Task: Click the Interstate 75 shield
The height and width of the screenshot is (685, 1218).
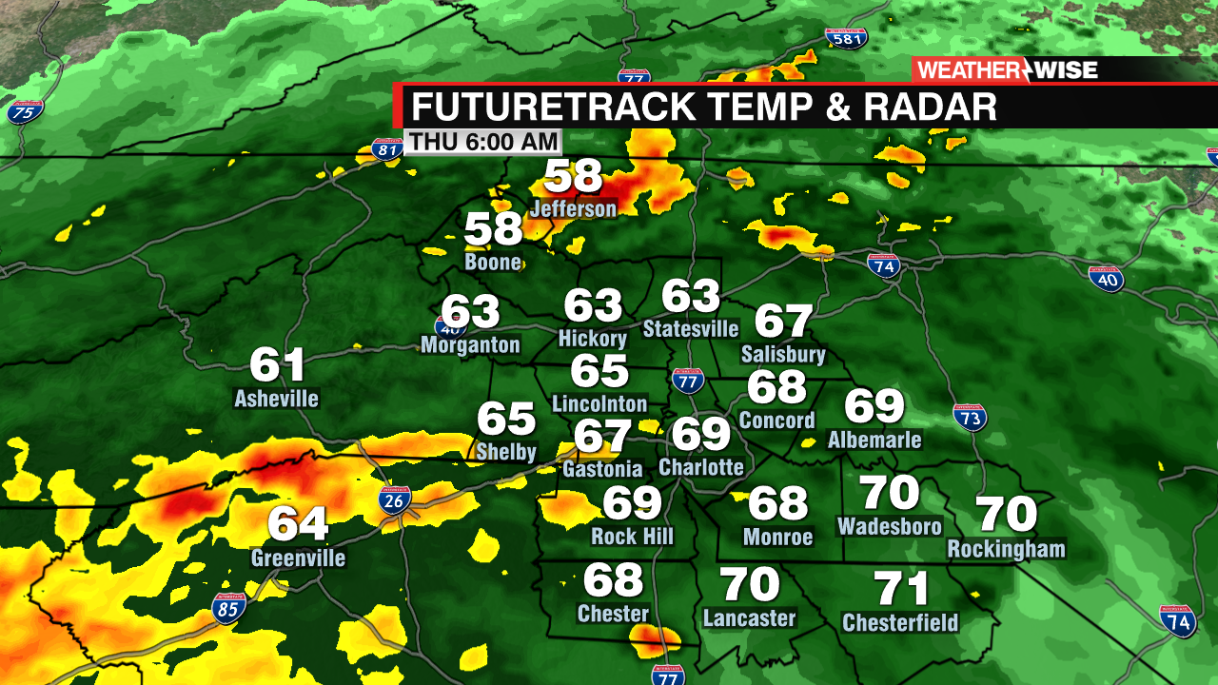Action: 25,112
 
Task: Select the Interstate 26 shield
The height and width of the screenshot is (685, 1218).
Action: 395,500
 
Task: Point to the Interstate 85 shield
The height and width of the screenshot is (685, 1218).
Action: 228,608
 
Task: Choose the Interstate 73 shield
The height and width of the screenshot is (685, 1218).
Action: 970,417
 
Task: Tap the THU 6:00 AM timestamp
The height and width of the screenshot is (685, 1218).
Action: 482,142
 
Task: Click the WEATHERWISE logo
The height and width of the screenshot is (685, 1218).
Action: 1007,69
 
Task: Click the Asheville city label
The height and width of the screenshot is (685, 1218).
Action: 276,398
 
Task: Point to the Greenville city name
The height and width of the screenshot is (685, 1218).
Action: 298,558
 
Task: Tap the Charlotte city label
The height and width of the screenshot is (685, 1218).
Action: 701,467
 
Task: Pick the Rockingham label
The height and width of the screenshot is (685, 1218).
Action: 1006,549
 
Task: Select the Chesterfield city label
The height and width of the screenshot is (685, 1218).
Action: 900,623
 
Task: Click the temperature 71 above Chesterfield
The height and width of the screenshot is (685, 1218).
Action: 901,589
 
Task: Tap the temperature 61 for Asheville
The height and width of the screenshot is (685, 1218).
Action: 277,365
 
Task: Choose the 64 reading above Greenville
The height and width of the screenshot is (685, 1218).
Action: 298,524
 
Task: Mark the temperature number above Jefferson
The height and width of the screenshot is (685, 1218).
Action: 574,177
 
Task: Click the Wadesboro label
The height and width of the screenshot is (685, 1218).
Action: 890,526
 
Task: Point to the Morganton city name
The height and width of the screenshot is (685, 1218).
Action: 470,344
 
